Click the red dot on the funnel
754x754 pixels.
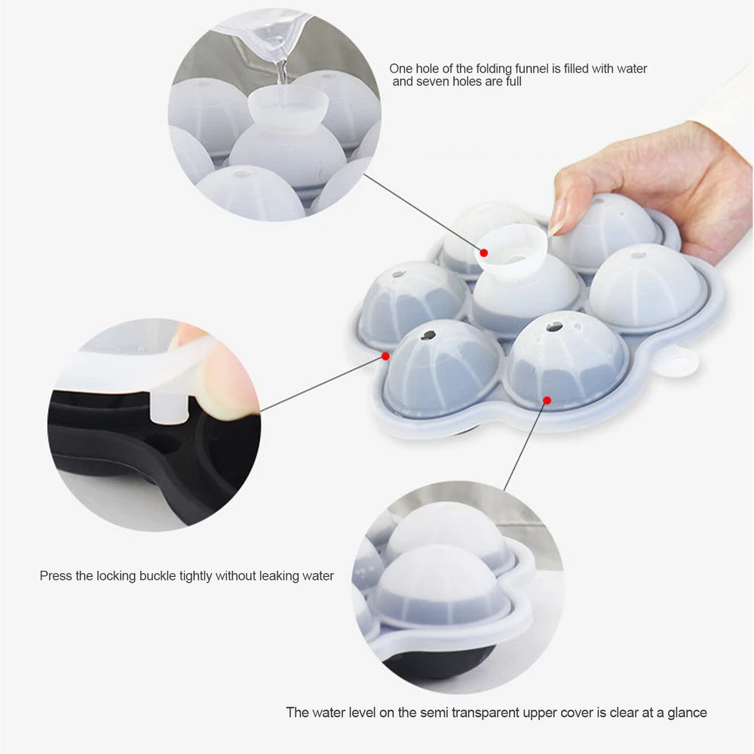(484, 253)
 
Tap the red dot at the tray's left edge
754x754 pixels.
(385, 356)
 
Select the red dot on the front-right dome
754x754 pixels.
(547, 400)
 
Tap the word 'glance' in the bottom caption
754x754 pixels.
(687, 713)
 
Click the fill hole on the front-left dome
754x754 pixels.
(428, 336)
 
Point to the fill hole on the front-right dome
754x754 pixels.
(554, 327)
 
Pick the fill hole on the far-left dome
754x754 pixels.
(399, 274)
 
